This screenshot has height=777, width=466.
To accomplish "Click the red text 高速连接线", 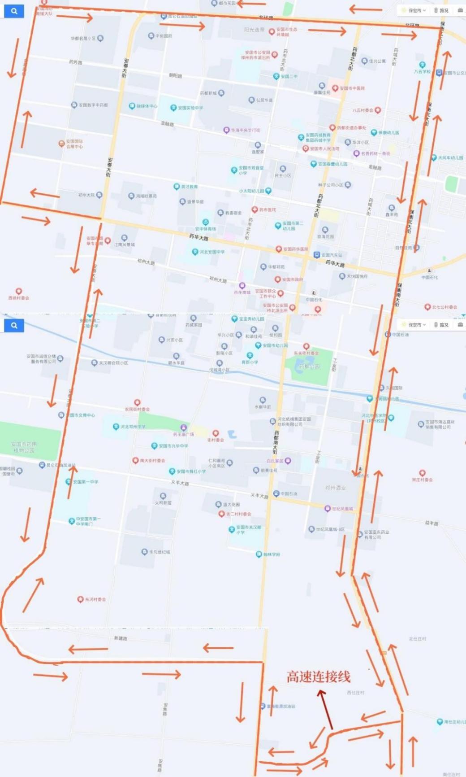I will tap(319, 677).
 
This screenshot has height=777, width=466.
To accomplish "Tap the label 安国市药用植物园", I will tap(25, 447).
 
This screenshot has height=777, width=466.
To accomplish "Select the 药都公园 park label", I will tap(310, 367).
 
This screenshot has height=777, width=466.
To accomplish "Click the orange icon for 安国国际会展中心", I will tap(61, 144).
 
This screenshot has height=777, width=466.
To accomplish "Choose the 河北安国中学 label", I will tap(212, 252).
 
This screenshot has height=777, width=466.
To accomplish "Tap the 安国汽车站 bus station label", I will tap(332, 255).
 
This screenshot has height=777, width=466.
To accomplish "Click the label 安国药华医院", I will tap(295, 249).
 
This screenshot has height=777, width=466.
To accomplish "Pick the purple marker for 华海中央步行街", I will tap(226, 130).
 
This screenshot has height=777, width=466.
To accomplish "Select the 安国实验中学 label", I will tap(190, 108).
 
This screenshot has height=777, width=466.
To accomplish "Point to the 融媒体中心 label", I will tap(147, 106).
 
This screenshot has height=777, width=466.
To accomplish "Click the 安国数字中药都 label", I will tap(93, 105).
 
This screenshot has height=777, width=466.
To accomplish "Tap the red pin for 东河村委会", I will tap(80, 599).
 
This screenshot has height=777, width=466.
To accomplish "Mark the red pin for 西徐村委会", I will tap(19, 292).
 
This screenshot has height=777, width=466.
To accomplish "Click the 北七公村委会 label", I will tap(444, 307).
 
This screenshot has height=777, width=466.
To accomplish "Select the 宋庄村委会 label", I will tap(422, 480).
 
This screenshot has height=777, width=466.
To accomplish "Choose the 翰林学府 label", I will tap(272, 554).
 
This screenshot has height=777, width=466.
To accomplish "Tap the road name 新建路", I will tap(121, 638).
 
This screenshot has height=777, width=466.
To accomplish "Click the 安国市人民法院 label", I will tap(324, 148).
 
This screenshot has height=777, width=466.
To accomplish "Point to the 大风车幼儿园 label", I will tap(450, 158).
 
